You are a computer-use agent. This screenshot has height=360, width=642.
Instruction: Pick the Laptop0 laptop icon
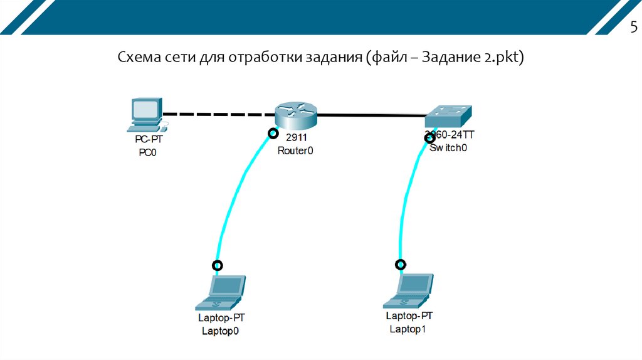coord(220,292)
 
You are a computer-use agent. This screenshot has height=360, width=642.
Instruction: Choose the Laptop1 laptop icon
coord(409,290)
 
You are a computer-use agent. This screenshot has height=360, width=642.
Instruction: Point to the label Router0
coord(295,151)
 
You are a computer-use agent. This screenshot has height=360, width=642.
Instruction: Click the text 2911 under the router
coord(295,139)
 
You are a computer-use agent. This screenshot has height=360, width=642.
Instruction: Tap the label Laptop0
coord(220,331)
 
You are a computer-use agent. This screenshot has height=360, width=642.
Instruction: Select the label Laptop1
coord(408,329)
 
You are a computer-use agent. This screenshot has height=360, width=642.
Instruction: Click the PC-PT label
coord(152,140)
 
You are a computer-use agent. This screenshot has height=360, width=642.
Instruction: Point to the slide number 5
coord(633,28)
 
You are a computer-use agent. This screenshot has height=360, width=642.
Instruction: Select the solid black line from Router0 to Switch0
coord(370,115)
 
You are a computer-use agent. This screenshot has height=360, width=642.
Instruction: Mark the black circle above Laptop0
coord(218,265)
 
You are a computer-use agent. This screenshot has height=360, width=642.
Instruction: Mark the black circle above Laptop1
coord(401,264)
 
